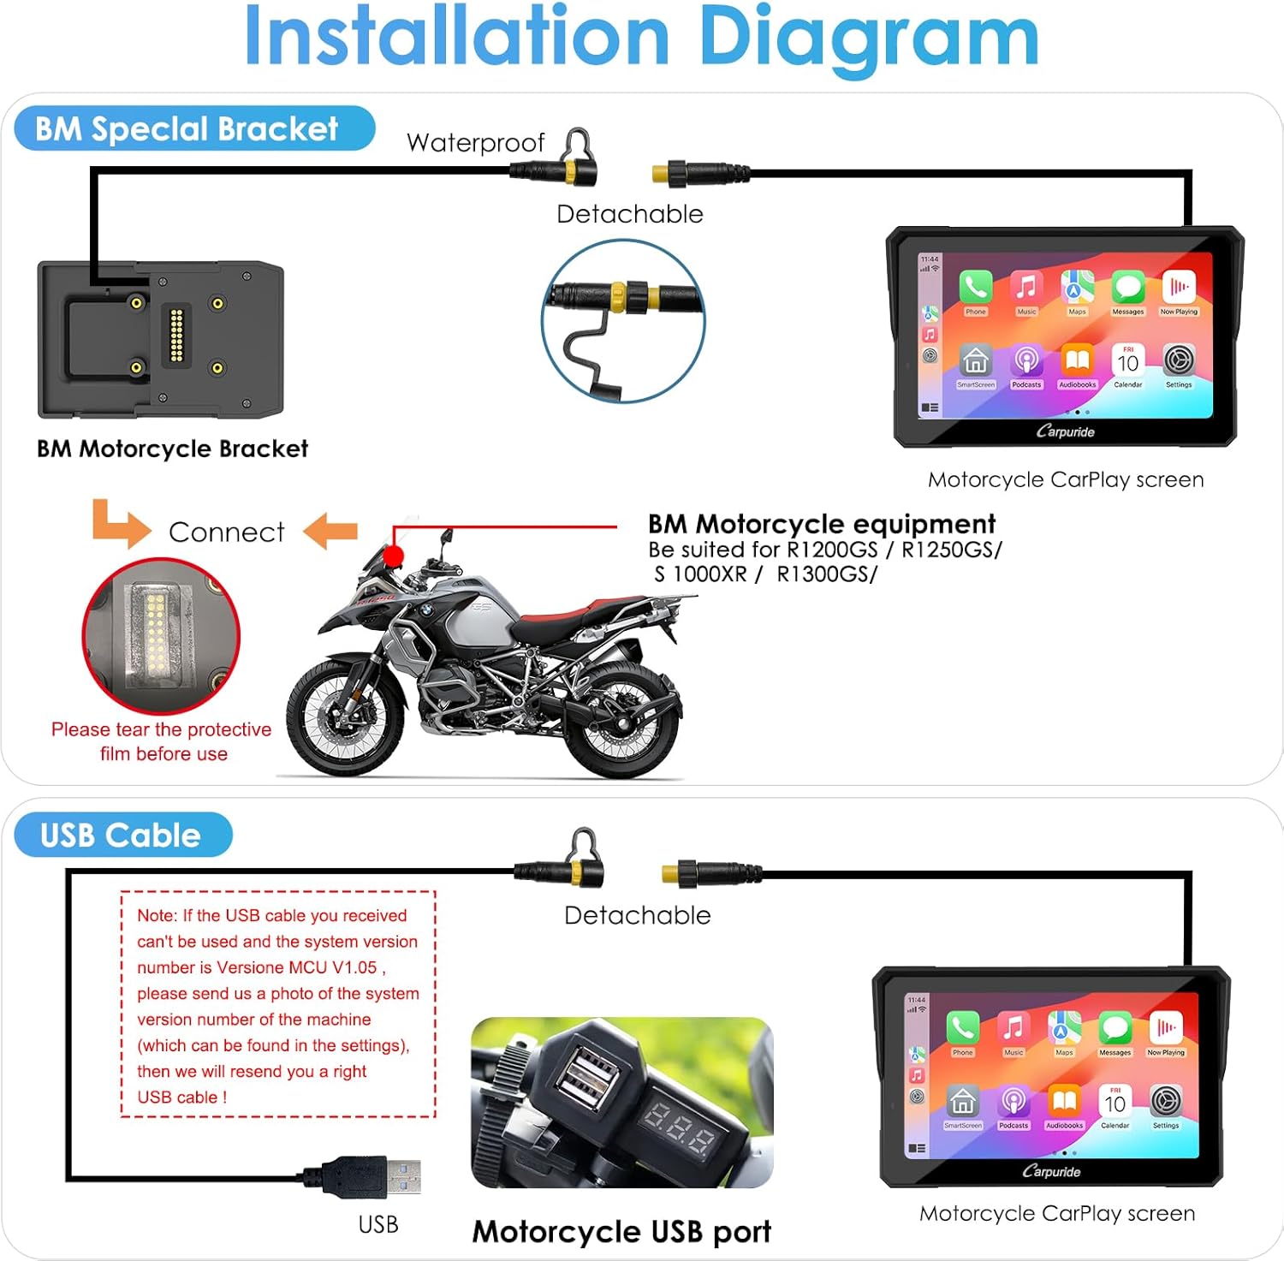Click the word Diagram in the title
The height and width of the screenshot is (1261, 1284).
868,39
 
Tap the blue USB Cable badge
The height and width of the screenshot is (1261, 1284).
122,835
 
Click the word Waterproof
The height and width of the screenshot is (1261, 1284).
475,143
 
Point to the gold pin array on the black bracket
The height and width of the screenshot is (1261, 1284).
177,334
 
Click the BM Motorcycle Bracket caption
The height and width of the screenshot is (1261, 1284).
172,449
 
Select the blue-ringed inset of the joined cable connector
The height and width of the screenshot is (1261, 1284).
623,320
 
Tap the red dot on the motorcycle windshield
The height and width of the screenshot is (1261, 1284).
393,556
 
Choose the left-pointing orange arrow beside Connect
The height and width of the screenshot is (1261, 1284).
330,531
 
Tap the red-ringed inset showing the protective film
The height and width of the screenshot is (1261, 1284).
161,636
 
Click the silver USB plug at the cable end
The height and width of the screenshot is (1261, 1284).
401,1176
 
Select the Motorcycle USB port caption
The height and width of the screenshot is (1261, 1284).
621,1231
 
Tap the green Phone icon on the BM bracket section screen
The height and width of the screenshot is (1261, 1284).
975,287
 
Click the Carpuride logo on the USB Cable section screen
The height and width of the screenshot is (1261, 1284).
1051,1171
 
